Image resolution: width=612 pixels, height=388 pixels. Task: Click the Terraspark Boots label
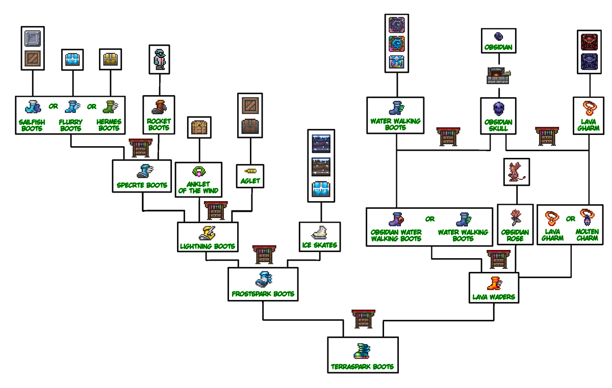coord(362,367)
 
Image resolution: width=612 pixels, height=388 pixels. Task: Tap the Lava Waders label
coord(494,296)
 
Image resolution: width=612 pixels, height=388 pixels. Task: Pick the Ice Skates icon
coord(320,233)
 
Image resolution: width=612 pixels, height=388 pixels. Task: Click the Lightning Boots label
coord(208,246)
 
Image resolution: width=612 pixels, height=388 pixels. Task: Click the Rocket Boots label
coord(159,125)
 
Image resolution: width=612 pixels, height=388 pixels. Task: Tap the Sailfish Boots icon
coord(32,107)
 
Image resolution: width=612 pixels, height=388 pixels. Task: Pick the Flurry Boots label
coord(70,125)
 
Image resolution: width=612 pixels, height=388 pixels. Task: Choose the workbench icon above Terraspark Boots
coord(364,320)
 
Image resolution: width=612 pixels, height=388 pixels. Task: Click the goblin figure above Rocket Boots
coord(159,59)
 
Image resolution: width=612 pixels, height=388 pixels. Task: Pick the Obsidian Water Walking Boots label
coord(396,235)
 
